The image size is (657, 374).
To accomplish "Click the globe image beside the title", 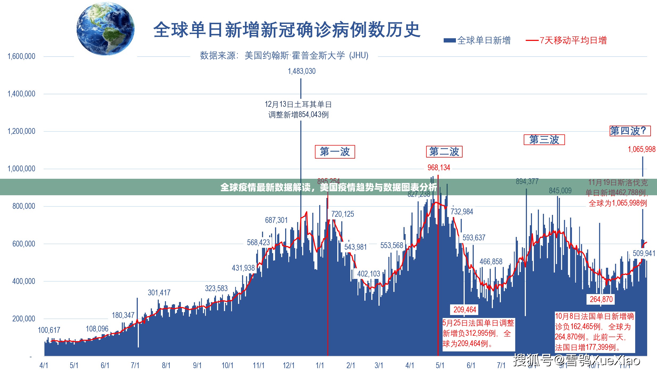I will click(x=106, y=29).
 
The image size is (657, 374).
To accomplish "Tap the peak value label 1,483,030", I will click(x=302, y=71).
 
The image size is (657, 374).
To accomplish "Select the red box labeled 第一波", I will click(x=335, y=152).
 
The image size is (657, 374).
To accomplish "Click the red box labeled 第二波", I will click(x=444, y=152).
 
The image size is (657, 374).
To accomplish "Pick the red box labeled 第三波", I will click(x=544, y=140).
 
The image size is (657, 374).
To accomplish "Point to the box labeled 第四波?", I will click(x=630, y=131).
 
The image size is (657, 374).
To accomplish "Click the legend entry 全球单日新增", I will click(x=477, y=41).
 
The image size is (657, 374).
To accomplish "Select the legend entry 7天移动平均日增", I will click(x=567, y=41).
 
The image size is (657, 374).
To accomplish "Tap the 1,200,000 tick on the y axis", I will click(x=21, y=131).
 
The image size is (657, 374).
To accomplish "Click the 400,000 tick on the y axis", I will click(x=23, y=281).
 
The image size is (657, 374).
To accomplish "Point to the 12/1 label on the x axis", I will click(x=289, y=365).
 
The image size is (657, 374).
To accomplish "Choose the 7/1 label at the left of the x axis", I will click(x=135, y=365).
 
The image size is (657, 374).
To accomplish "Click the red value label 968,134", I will click(x=439, y=168).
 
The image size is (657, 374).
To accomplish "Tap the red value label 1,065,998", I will click(x=642, y=149).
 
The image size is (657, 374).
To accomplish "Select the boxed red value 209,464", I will click(x=465, y=309).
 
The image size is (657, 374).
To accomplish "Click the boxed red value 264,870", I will click(x=601, y=299).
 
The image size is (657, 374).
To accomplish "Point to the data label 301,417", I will click(x=159, y=293).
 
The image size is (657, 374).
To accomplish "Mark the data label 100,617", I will click(x=49, y=330).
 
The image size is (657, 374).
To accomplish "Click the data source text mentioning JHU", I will click(x=284, y=56).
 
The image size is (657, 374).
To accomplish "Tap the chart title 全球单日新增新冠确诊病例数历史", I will click(x=287, y=30).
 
